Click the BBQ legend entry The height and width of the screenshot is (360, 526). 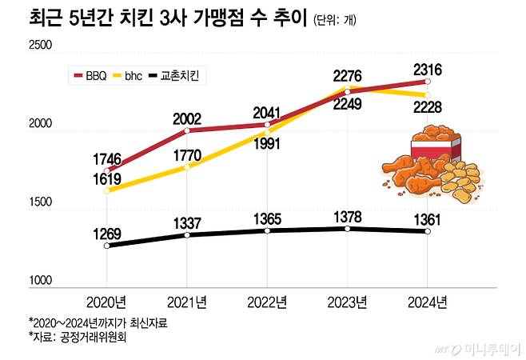[90, 76]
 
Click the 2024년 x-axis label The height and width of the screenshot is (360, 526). [428, 302]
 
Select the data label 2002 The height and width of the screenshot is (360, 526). [186, 118]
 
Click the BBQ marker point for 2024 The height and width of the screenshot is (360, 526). [428, 82]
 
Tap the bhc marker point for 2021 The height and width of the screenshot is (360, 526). [187, 166]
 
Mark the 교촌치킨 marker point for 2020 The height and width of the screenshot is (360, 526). [106, 246]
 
